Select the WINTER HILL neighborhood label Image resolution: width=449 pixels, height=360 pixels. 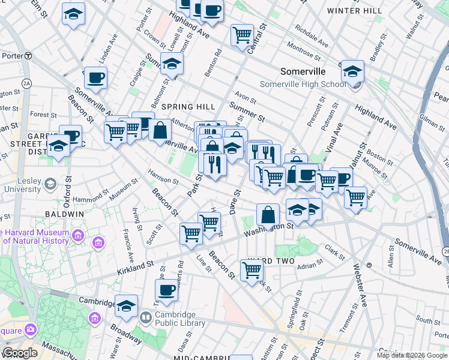(354, 11)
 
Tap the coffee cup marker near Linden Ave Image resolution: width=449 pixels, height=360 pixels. (95, 77)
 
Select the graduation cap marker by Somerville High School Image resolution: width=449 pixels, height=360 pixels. (352, 71)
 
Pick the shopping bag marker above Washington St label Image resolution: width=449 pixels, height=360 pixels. (268, 214)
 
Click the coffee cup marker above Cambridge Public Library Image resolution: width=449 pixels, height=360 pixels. (166, 290)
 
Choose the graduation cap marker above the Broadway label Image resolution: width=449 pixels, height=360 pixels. (126, 306)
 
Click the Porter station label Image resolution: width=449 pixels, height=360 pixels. (11, 55)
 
